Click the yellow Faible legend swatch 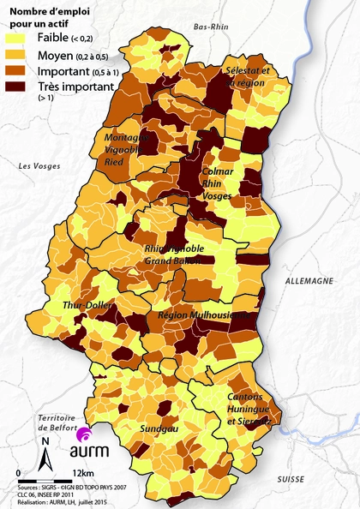[20, 38]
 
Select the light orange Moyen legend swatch [20, 55]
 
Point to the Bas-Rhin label [213, 27]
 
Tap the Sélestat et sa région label [246, 76]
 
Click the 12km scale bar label [84, 473]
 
